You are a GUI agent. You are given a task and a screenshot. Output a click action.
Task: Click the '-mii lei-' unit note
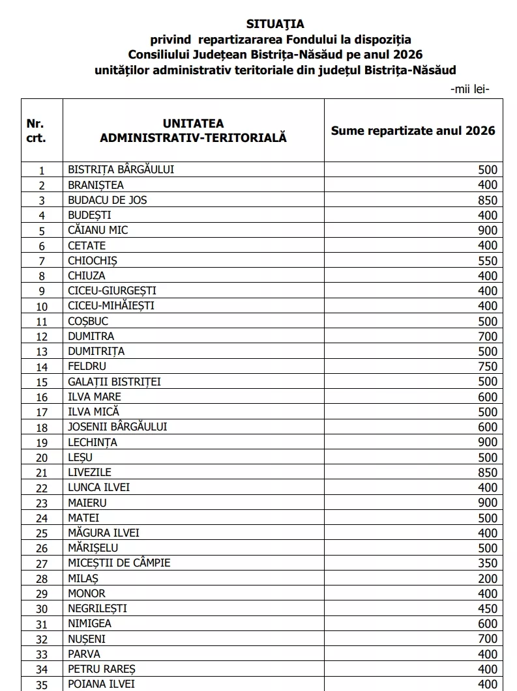pyautogui.click(x=469, y=89)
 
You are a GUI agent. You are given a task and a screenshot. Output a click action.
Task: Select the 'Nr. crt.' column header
pyautogui.click(x=36, y=130)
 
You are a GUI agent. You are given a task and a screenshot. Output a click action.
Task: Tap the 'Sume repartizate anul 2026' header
pyautogui.click(x=413, y=130)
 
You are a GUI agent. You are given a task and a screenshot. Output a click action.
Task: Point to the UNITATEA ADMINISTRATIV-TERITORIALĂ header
pyautogui.click(x=193, y=130)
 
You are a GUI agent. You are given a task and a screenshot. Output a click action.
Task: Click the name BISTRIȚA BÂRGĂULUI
pyautogui.click(x=121, y=169)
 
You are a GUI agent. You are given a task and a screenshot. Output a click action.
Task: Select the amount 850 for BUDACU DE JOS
pyautogui.click(x=487, y=200)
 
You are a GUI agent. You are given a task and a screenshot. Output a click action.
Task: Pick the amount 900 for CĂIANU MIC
pyautogui.click(x=487, y=230)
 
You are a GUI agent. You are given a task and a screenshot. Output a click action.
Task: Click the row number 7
pyautogui.click(x=42, y=261)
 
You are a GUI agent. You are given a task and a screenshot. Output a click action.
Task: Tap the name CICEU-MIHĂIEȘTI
pyautogui.click(x=111, y=305)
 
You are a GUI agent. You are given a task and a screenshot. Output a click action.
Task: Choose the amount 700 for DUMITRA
pyautogui.click(x=487, y=336)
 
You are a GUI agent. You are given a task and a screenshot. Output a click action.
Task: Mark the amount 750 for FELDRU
pyautogui.click(x=487, y=367)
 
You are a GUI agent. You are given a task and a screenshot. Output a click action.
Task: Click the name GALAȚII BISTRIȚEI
pyautogui.click(x=114, y=382)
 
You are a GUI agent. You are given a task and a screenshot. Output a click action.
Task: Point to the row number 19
pyautogui.click(x=42, y=443)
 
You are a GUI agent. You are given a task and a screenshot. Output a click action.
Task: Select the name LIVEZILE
pyautogui.click(x=89, y=472)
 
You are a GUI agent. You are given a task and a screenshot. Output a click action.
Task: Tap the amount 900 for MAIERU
pyautogui.click(x=487, y=503)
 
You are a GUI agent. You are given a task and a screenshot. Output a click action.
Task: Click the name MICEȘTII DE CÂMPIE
pyautogui.click(x=119, y=563)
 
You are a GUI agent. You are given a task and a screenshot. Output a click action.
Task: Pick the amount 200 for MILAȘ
pyautogui.click(x=487, y=578)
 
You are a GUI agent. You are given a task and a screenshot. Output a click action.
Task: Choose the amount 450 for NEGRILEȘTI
pyautogui.click(x=487, y=608)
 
